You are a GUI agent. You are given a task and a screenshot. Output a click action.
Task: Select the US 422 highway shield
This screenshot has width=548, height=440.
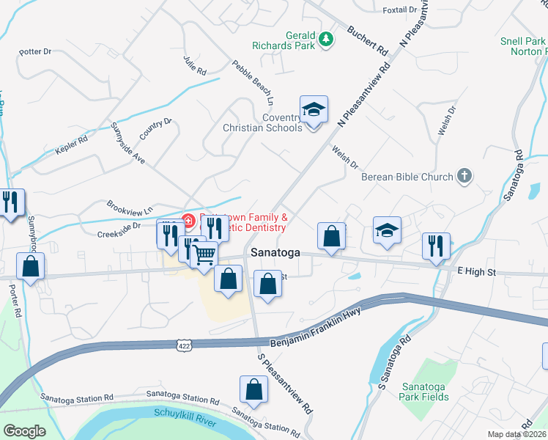(183, 343)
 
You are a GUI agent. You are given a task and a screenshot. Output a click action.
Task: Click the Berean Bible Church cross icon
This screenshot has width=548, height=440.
(463, 176)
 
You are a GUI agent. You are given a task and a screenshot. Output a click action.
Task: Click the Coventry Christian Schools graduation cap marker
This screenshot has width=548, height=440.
(314, 110)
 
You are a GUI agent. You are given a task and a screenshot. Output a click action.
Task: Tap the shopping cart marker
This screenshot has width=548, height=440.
(204, 254)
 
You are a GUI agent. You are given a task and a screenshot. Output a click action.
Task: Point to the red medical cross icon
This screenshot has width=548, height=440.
(187, 220)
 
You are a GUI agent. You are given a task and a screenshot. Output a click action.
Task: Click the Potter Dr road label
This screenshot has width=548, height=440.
(35, 52)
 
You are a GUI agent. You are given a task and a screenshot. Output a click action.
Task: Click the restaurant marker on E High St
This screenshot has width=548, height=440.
(437, 246)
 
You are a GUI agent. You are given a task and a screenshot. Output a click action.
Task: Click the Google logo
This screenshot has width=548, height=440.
(24, 431)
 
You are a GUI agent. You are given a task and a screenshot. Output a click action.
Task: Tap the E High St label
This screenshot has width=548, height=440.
(476, 272)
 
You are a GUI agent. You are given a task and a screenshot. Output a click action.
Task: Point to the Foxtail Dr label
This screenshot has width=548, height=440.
(399, 10)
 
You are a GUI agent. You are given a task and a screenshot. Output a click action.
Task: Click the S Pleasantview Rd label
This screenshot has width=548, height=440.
(285, 384)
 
